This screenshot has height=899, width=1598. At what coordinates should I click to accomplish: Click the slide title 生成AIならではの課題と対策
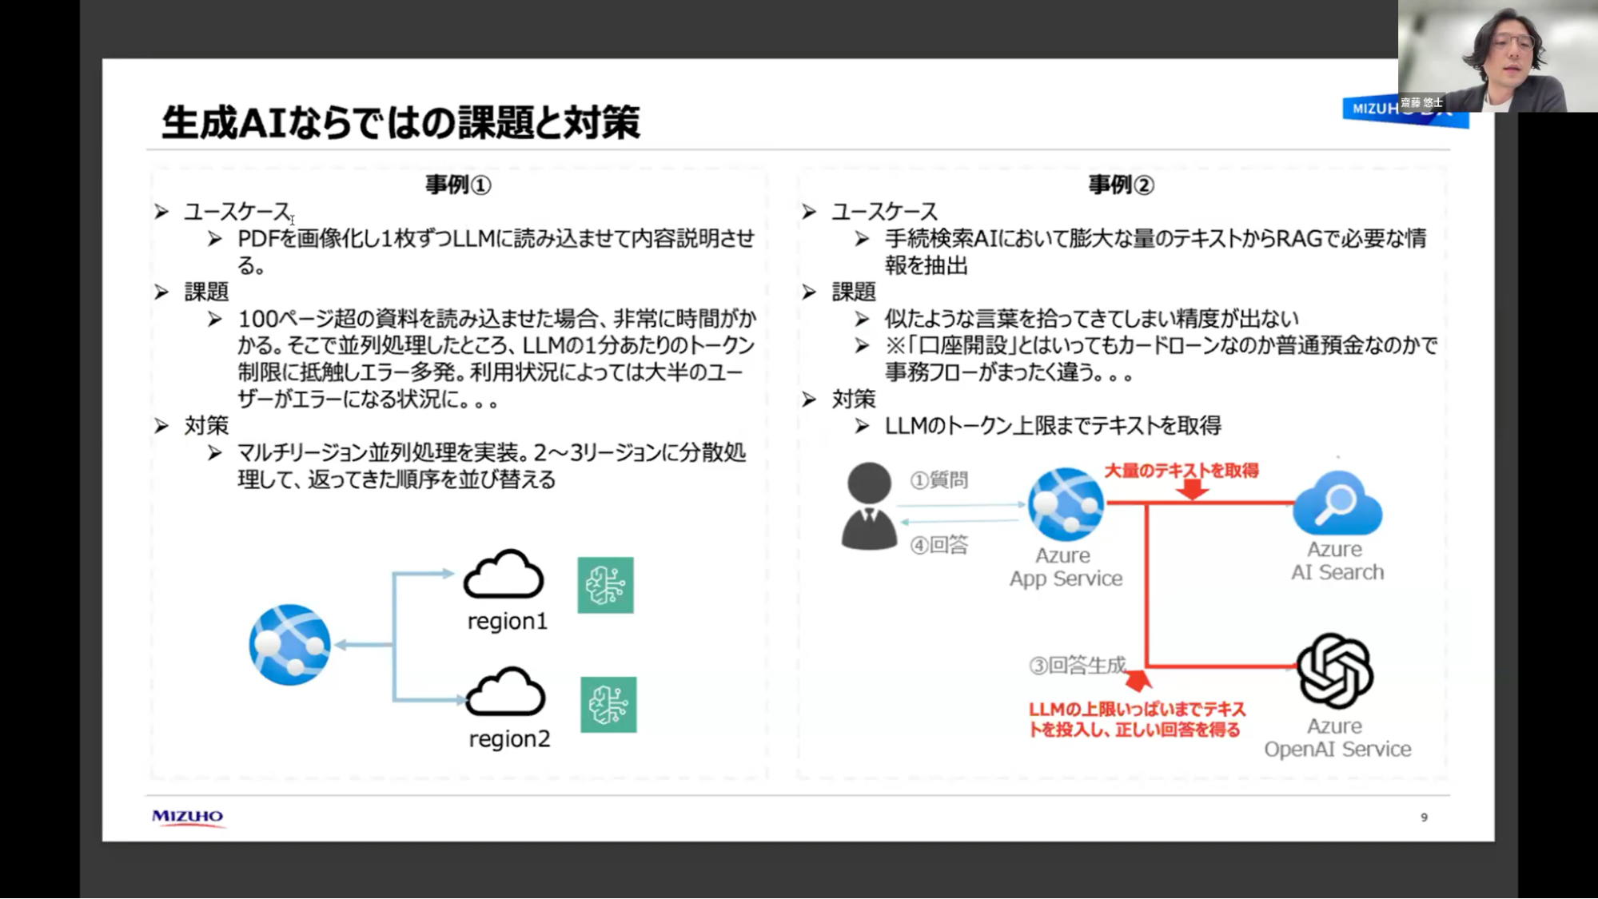tap(400, 122)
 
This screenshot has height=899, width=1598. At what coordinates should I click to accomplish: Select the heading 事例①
tap(457, 185)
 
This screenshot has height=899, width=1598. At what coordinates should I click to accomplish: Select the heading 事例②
tap(1121, 185)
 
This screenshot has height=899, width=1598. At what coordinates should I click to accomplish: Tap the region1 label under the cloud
tap(508, 621)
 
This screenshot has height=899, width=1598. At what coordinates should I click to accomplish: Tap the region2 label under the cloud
tap(509, 739)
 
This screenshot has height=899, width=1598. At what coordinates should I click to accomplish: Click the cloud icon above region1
tap(504, 575)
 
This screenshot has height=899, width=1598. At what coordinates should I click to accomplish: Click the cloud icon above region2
tap(505, 692)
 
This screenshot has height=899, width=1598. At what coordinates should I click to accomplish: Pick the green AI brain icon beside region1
tap(605, 585)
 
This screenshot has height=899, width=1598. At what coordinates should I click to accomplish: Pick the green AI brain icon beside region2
tap(608, 705)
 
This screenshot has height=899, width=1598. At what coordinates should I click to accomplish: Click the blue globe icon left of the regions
tap(289, 645)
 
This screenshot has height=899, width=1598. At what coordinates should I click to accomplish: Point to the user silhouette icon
tap(869, 506)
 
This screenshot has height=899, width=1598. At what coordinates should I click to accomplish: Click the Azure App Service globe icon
tap(1066, 504)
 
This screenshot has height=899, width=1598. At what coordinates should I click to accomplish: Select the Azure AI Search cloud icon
tap(1337, 503)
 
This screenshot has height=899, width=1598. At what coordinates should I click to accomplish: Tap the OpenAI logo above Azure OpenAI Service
tap(1334, 670)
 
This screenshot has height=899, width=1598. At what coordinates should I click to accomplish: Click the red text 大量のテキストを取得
tap(1181, 471)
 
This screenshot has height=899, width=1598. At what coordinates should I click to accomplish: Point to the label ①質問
tap(939, 479)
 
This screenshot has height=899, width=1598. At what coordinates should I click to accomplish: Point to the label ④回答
tap(939, 545)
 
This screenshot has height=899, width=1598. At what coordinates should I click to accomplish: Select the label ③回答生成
tap(1077, 665)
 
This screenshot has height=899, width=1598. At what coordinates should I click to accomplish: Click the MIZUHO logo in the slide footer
tap(188, 817)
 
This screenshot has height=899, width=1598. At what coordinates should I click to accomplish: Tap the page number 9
tap(1424, 817)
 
